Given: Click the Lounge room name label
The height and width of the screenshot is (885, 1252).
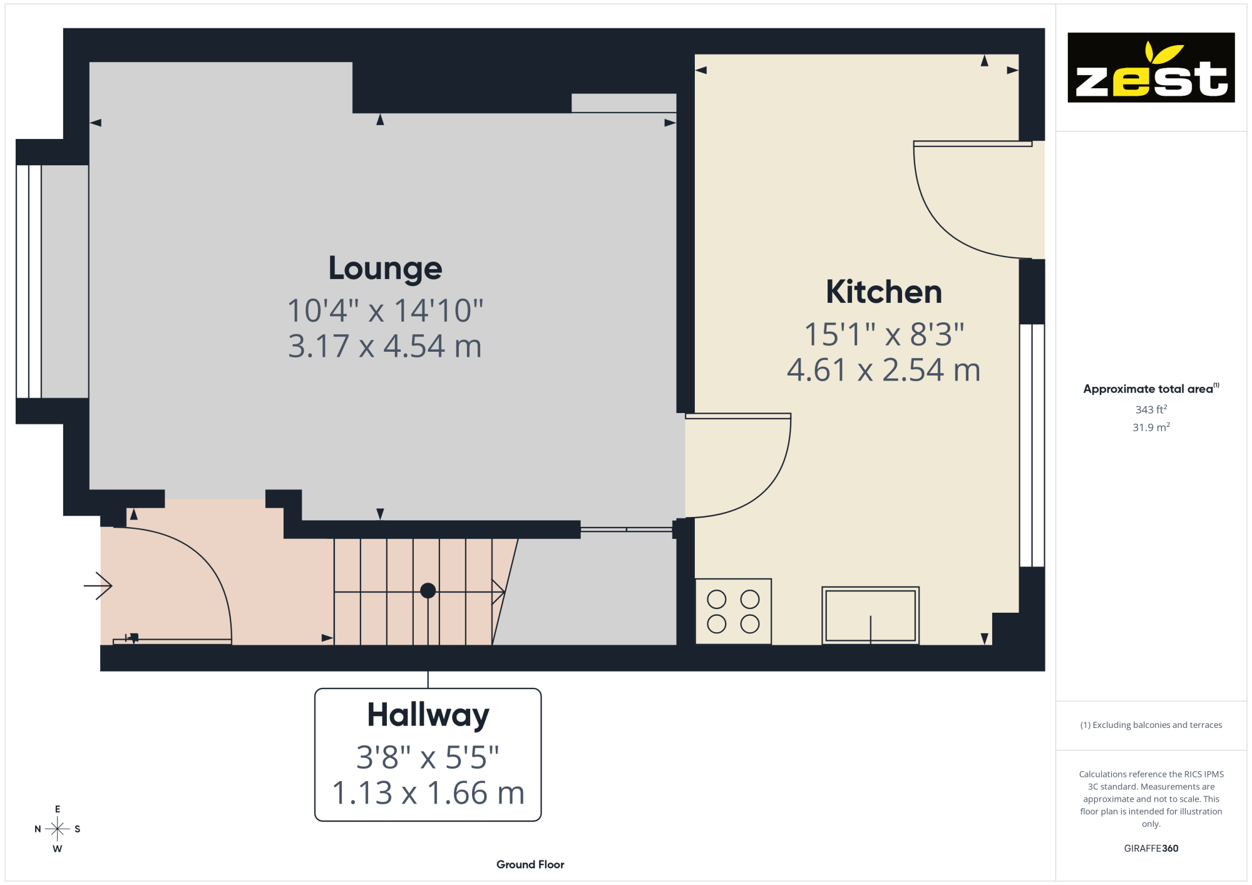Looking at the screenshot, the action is pyautogui.click(x=385, y=269).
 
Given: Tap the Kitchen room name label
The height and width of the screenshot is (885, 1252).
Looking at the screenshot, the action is pyautogui.click(x=884, y=292).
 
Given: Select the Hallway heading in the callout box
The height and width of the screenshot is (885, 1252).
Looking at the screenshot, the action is pyautogui.click(x=428, y=715).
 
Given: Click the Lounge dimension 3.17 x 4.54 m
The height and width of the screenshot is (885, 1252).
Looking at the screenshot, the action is pyautogui.click(x=385, y=346).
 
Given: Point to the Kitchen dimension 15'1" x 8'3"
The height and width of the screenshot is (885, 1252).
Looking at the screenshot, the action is pyautogui.click(x=884, y=334).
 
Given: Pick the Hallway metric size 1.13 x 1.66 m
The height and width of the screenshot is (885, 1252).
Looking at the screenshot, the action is pyautogui.click(x=428, y=793).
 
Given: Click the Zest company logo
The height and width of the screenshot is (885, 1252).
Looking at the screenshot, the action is pyautogui.click(x=1151, y=68).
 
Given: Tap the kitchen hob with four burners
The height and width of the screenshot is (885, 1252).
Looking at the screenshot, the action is pyautogui.click(x=733, y=611).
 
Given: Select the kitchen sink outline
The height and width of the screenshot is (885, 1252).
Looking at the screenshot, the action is pyautogui.click(x=870, y=615).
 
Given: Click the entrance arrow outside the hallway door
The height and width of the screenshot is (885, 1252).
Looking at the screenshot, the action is pyautogui.click(x=98, y=586).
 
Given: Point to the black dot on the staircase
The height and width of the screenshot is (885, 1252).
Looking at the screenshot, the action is pyautogui.click(x=428, y=590).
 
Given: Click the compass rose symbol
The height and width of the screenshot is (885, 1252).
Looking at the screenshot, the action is pyautogui.click(x=58, y=829).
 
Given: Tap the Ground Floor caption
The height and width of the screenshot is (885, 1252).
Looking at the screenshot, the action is pyautogui.click(x=530, y=864).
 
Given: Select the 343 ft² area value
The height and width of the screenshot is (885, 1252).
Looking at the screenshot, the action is pyautogui.click(x=1151, y=409).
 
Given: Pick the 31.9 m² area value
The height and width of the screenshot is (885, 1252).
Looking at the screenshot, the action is pyautogui.click(x=1151, y=427).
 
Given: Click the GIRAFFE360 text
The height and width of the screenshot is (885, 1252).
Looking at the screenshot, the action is pyautogui.click(x=1151, y=849).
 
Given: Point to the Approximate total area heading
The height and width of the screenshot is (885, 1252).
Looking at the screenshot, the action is pyautogui.click(x=1151, y=389).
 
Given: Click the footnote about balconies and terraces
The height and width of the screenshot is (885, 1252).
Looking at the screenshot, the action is pyautogui.click(x=1151, y=725).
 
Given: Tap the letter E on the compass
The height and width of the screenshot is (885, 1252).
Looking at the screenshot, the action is pyautogui.click(x=58, y=809).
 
